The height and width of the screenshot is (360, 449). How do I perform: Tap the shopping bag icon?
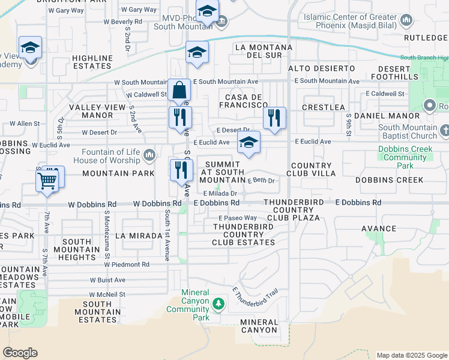coord(179,91)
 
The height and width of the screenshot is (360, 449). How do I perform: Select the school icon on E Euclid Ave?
coord(249,143)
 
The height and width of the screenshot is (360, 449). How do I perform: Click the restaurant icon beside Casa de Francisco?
coord(274,117)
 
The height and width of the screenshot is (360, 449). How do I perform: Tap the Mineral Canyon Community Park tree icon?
coord(218,304)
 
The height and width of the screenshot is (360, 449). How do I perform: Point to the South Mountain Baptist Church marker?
coord(444,130)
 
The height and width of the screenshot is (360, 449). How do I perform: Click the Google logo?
coord(20,353)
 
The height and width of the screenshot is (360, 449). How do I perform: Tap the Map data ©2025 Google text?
coord(411,355)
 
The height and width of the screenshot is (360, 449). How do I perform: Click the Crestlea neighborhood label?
coord(323,107)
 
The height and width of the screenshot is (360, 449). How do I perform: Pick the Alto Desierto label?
coord(321,68)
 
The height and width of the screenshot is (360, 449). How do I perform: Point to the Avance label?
coord(378,229)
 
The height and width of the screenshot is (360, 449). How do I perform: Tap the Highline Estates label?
coord(92,62)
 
